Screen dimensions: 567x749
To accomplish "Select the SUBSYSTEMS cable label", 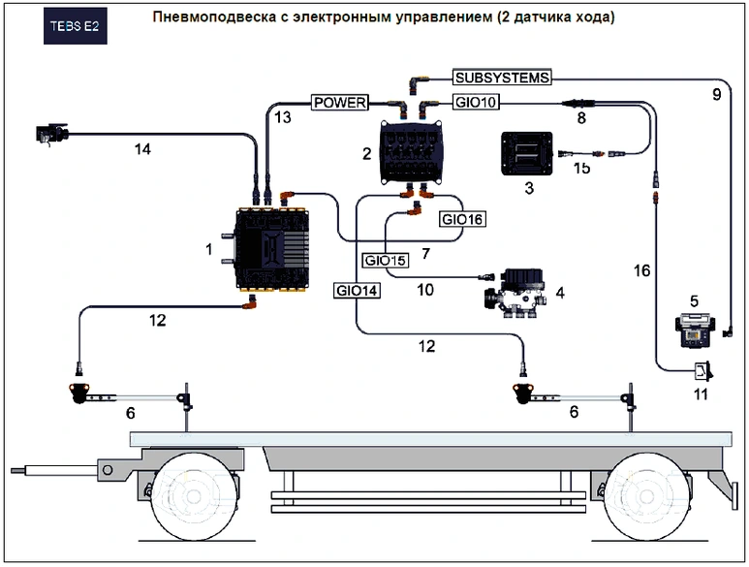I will [503, 78].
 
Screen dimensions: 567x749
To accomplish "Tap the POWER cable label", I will [339, 102].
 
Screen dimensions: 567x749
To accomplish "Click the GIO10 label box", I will [474, 102].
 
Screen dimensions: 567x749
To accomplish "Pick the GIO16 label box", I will [461, 219].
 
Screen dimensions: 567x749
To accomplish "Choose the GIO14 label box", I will [356, 289].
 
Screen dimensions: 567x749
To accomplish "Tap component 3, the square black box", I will [525, 153].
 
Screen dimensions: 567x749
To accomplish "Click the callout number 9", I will [717, 94].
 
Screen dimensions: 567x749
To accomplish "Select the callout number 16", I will [641, 269].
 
